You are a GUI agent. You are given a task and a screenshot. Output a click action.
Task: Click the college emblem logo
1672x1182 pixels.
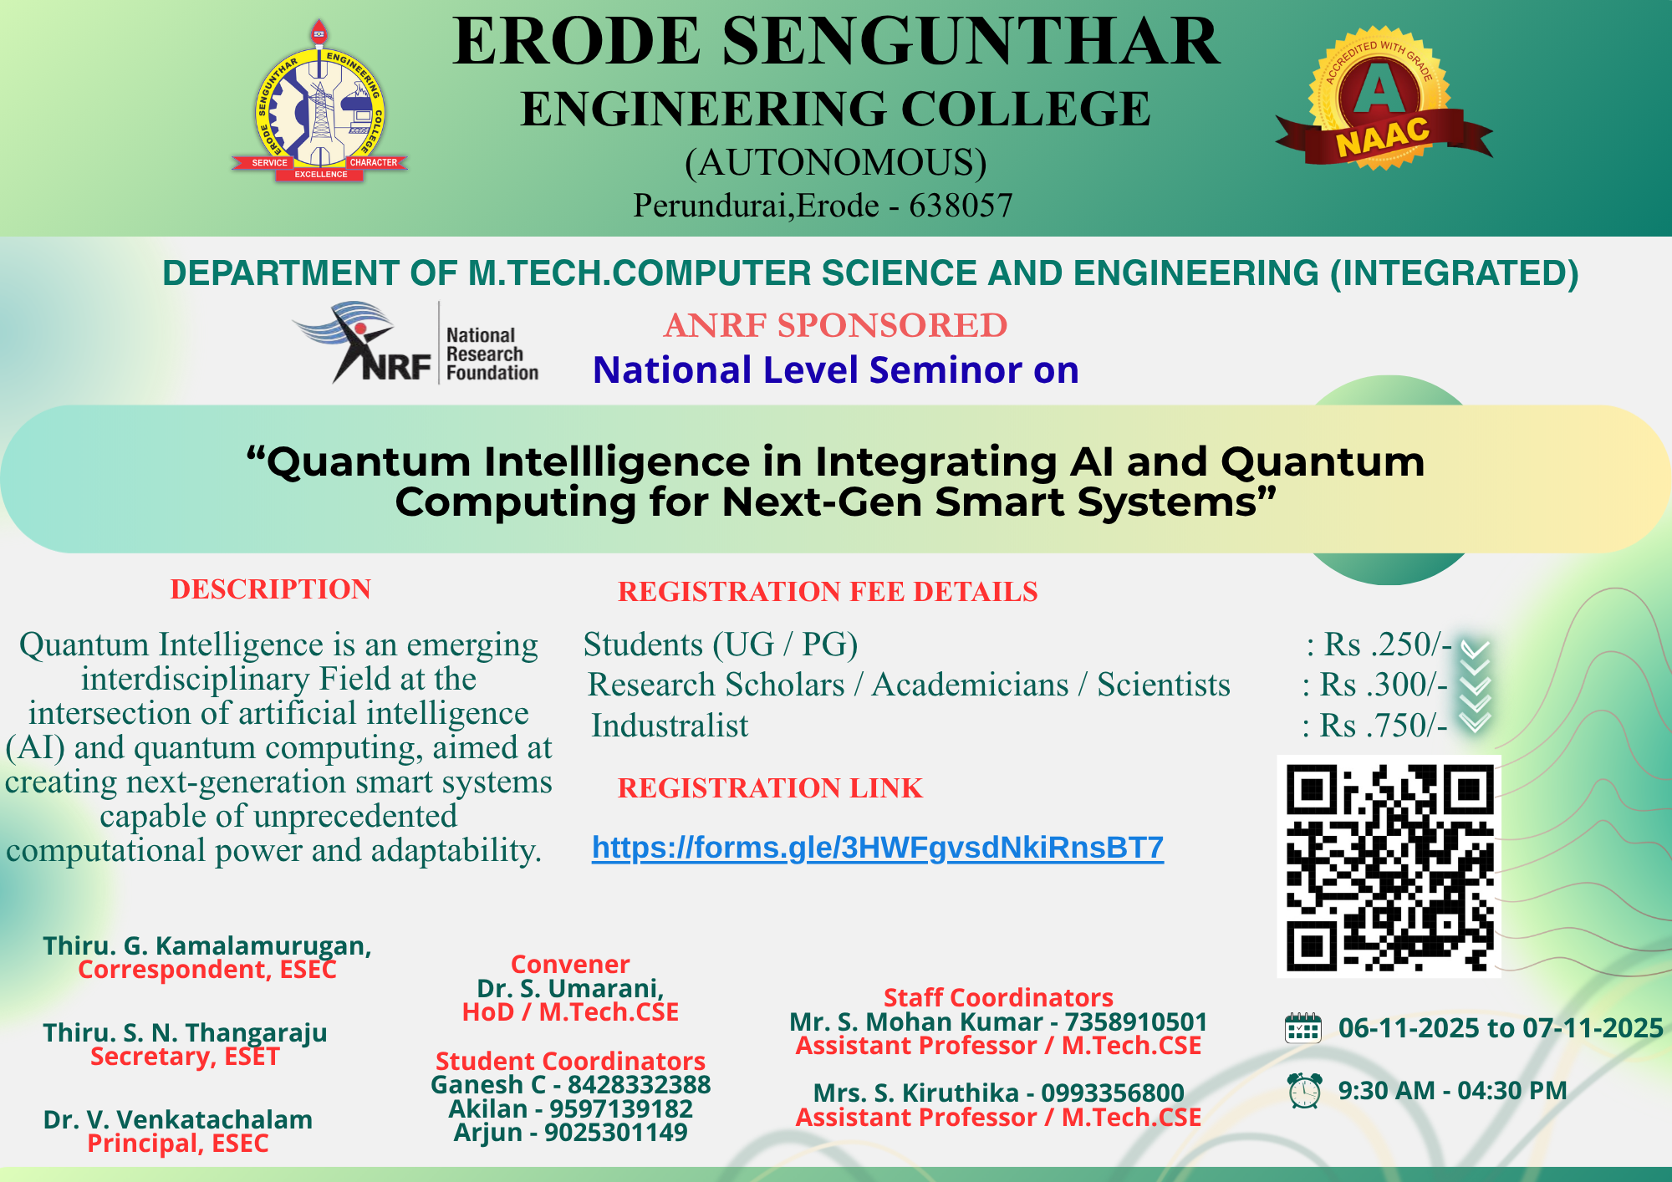(x=320, y=104)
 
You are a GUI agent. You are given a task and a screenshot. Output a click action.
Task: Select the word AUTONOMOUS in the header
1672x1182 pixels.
(x=835, y=162)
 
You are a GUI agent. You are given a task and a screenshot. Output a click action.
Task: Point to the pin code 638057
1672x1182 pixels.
(x=961, y=206)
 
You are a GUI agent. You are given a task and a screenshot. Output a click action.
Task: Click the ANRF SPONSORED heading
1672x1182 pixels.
(x=835, y=325)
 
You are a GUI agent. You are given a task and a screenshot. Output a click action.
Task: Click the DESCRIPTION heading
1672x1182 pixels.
(x=271, y=589)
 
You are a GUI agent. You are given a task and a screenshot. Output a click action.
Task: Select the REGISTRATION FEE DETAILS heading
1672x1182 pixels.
(x=827, y=592)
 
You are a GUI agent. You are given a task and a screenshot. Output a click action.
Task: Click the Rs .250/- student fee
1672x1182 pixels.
(x=1387, y=644)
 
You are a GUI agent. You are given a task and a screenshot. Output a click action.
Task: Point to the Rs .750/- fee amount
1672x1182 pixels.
(x=1383, y=726)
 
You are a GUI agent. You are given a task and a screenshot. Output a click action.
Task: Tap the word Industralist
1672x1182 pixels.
(x=670, y=726)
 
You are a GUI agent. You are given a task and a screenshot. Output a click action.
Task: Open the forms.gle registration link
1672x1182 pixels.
(x=877, y=848)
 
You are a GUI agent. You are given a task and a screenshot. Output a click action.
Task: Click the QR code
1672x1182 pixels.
(x=1389, y=866)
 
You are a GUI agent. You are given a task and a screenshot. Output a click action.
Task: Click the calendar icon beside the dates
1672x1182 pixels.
(x=1302, y=1028)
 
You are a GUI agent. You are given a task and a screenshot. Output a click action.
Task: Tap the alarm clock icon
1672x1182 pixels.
(x=1303, y=1091)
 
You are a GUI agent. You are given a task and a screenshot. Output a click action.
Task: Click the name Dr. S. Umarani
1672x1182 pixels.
(x=570, y=989)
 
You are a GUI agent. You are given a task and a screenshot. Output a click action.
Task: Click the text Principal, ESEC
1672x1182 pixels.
(x=178, y=1144)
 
